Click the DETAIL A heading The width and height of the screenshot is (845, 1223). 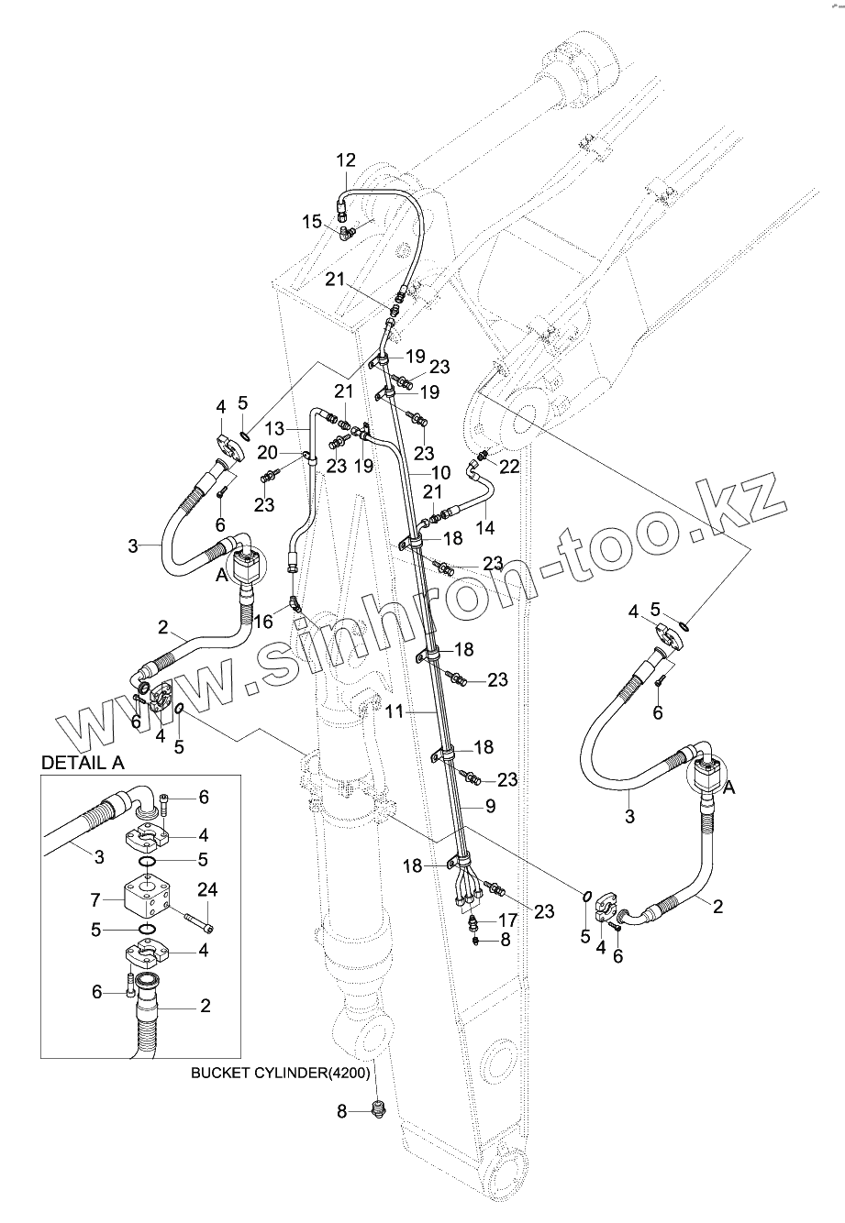click(x=83, y=762)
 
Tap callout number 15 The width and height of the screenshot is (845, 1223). click(x=312, y=220)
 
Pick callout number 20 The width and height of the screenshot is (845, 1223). click(x=267, y=452)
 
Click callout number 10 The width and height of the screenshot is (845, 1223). click(x=440, y=472)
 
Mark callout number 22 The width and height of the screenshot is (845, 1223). click(x=509, y=466)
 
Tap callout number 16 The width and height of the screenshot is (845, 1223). click(x=262, y=623)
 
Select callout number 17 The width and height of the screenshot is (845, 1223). click(x=508, y=920)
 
